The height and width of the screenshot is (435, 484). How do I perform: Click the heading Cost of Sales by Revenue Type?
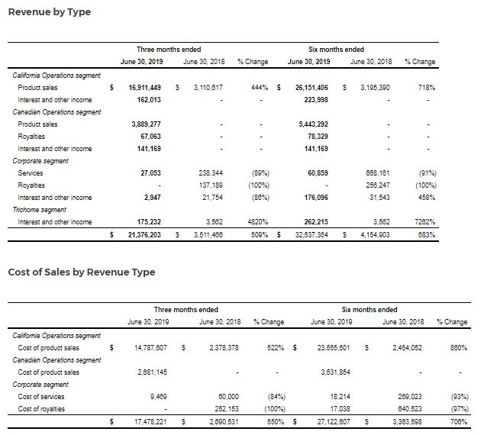pos(81,272)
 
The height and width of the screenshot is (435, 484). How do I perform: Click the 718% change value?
pos(427,88)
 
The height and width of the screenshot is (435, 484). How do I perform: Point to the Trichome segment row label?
pos(40,210)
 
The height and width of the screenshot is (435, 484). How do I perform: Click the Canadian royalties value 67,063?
pos(146,137)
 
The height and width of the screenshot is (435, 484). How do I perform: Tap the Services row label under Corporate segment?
pos(31,173)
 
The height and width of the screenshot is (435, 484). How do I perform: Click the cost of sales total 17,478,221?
pos(146,420)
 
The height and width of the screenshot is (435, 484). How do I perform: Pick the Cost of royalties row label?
pos(41,408)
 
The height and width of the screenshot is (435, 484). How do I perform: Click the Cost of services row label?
pos(41,396)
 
